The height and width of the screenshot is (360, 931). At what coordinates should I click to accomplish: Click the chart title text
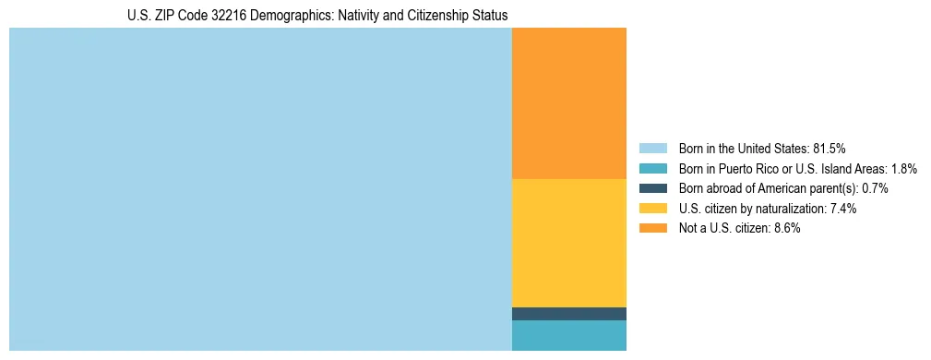click(x=317, y=16)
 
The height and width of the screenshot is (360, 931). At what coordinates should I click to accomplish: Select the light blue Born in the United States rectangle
click(x=260, y=189)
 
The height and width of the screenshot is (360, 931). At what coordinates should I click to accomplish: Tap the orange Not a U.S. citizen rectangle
click(x=568, y=102)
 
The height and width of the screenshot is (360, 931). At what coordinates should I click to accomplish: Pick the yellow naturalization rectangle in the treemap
click(x=568, y=243)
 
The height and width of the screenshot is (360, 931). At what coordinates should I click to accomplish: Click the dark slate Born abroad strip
click(x=568, y=314)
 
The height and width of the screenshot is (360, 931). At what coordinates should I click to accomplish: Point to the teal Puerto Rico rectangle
click(x=568, y=335)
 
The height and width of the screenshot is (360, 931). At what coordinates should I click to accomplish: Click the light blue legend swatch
click(x=652, y=148)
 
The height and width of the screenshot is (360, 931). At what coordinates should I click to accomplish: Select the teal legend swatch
click(x=652, y=168)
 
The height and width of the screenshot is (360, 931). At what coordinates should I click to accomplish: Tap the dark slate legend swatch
click(x=652, y=188)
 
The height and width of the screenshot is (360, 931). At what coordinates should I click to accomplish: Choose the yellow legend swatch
click(x=652, y=209)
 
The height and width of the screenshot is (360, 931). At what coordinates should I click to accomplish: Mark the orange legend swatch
click(x=652, y=229)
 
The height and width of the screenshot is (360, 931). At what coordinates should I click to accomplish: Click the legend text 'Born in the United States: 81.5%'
click(x=762, y=148)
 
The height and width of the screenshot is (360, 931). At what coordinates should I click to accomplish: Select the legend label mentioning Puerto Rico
click(x=797, y=168)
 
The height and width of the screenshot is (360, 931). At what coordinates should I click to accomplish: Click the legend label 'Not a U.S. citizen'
click(x=723, y=229)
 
